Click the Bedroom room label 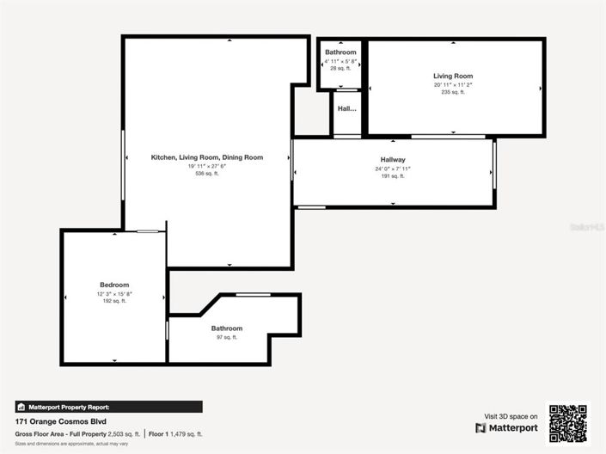click(x=114, y=285)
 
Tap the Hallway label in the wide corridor click(x=393, y=160)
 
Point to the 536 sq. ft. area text click(x=207, y=174)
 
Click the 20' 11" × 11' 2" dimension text click(x=453, y=84)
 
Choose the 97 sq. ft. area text click(x=227, y=337)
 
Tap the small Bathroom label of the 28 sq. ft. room click(x=340, y=52)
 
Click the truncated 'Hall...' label click(x=347, y=109)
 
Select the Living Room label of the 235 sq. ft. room click(x=453, y=76)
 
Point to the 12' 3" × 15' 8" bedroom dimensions click(x=114, y=293)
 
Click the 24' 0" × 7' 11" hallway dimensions click(x=393, y=169)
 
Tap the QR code click(x=568, y=422)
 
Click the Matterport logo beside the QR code click(x=507, y=427)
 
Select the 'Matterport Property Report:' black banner click(x=109, y=407)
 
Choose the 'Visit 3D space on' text click(x=511, y=416)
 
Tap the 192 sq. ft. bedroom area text click(x=114, y=301)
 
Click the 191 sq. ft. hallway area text click(x=393, y=176)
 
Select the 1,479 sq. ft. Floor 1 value click(x=187, y=434)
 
